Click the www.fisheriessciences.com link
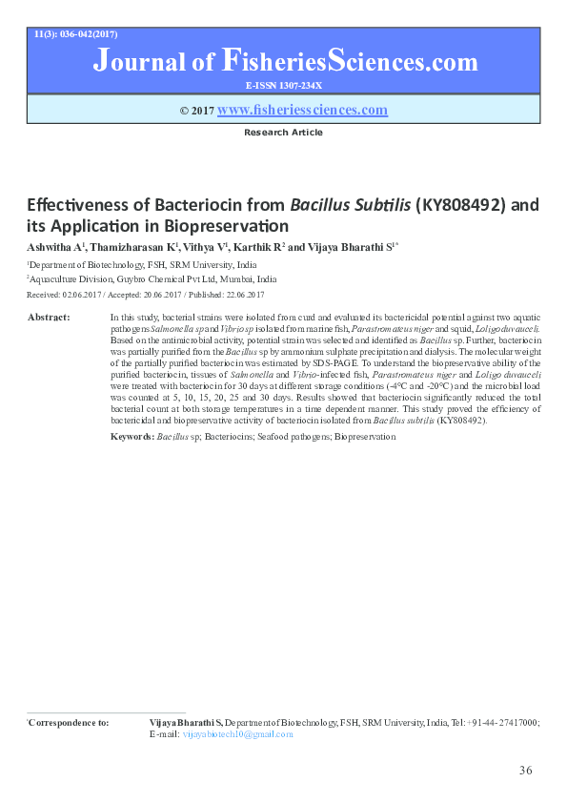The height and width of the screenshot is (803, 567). pos(302,111)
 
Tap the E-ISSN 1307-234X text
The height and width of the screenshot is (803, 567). pos(283,85)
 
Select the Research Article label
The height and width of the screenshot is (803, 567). pos(283,133)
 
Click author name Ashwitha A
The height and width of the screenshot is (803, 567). pos(54,247)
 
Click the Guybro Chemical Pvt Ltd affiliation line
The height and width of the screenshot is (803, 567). pos(152,279)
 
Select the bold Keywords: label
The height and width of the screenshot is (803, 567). pos(132,436)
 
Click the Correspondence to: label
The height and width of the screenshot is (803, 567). pos(69,723)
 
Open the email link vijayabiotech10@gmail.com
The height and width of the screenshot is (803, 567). pos(237,734)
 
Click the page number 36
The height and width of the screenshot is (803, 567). pos(525,770)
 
